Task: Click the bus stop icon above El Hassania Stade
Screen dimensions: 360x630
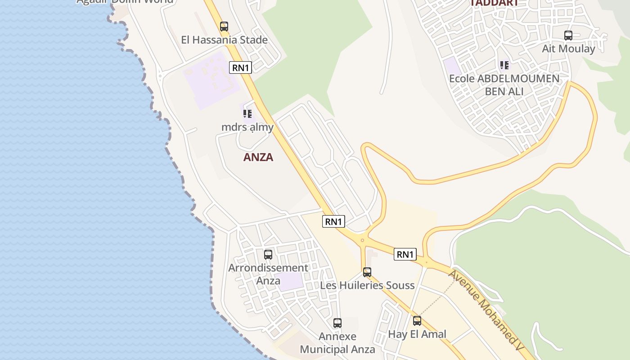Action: tap(224, 27)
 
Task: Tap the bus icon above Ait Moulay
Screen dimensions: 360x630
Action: tap(568, 36)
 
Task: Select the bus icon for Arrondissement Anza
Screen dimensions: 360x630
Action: tap(268, 255)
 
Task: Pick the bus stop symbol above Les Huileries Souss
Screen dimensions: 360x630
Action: tap(367, 272)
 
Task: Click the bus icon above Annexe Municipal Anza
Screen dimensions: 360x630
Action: tap(337, 323)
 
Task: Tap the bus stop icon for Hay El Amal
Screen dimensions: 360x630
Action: tap(417, 321)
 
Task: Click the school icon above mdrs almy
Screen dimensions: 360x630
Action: tap(247, 114)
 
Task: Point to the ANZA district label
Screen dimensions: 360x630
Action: tap(258, 157)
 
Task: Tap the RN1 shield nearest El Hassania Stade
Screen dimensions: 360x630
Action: tap(240, 67)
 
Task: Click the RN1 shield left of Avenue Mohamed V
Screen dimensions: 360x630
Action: tap(405, 254)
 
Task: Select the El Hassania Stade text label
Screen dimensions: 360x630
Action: tap(224, 40)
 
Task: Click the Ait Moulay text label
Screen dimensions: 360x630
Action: tap(568, 49)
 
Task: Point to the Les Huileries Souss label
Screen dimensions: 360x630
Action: tap(367, 285)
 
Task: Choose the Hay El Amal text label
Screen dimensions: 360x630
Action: tap(417, 334)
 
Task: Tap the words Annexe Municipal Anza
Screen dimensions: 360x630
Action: tap(337, 343)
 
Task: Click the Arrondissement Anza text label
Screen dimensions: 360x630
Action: tap(268, 274)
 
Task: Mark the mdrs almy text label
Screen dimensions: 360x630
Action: tap(247, 127)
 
